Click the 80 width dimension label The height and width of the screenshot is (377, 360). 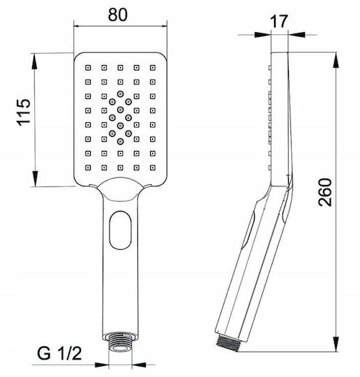tap(118, 15)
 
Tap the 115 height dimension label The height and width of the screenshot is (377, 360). tap(24, 112)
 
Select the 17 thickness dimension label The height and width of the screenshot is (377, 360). tap(279, 22)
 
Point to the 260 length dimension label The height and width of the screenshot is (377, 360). tap(325, 192)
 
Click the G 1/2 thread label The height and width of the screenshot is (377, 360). tap(59, 353)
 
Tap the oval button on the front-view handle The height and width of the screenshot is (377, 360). tap(121, 230)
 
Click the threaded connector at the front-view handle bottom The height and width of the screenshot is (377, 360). tap(120, 342)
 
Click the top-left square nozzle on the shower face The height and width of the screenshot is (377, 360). tap(88, 68)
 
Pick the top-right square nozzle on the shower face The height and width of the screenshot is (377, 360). tap(153, 68)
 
